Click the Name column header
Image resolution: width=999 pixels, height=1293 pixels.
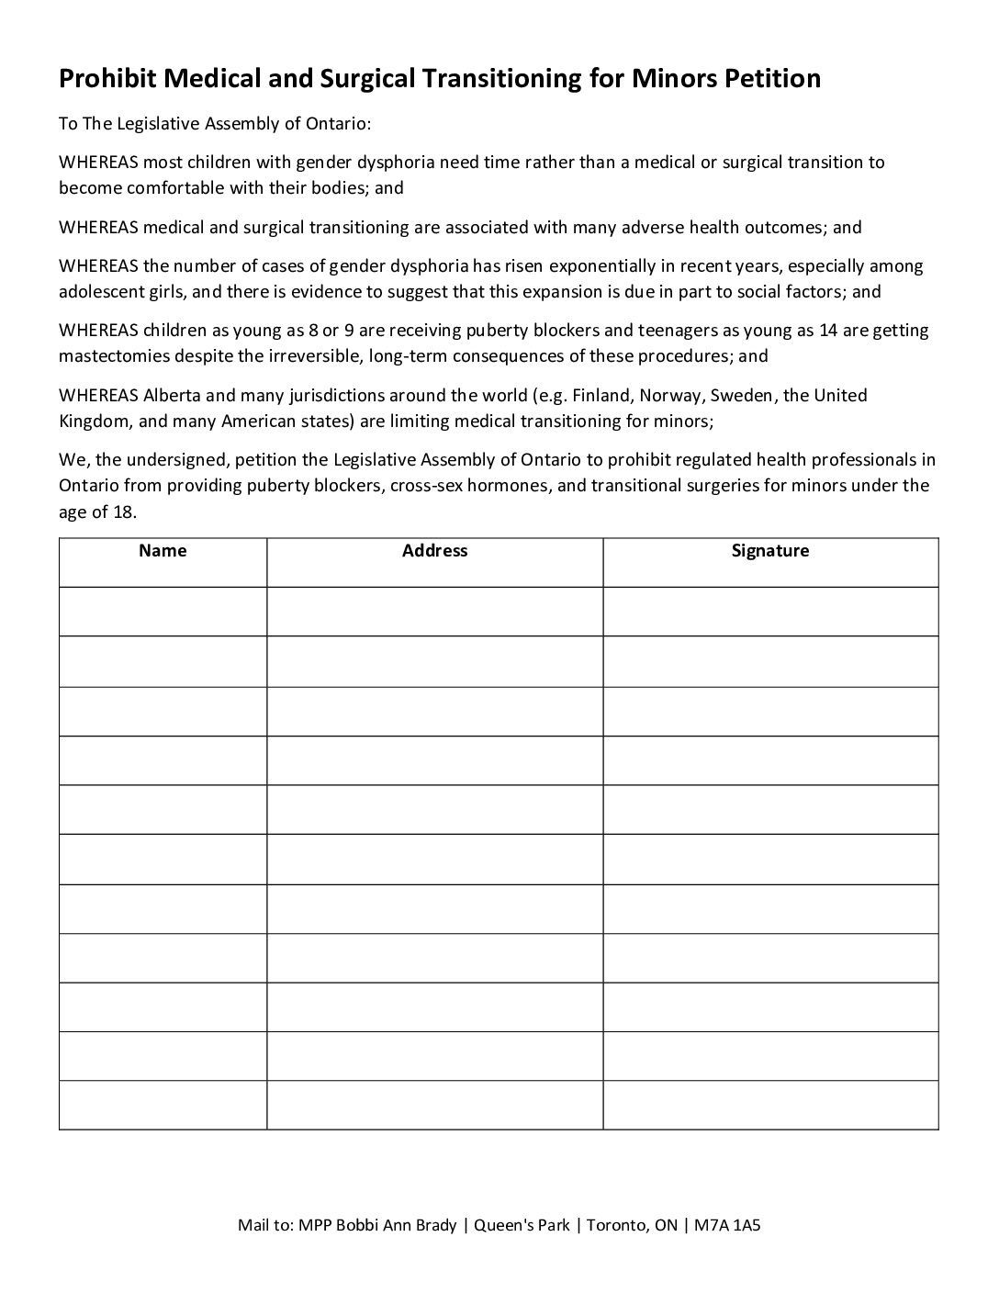tap(163, 551)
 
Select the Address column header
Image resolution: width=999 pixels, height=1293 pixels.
tap(434, 551)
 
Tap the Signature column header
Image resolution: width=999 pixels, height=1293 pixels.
tap(769, 551)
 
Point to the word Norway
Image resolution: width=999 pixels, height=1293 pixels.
tap(667, 396)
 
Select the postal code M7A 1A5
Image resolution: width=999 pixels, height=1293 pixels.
tap(728, 1225)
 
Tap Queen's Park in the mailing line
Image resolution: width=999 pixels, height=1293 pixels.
tap(521, 1225)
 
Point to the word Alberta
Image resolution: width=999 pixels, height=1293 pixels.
tap(171, 396)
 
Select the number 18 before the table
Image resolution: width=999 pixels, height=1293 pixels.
tap(124, 512)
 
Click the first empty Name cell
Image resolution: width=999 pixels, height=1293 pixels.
tap(163, 611)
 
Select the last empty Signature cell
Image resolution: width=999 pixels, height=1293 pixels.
tap(769, 1105)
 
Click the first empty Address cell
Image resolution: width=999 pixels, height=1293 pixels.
tap(434, 611)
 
